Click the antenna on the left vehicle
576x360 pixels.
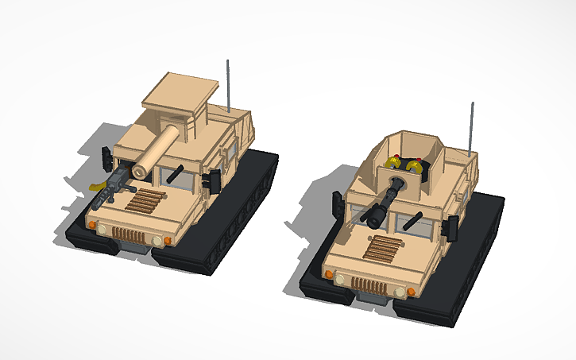coord(230,84)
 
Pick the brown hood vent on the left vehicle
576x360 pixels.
coord(146,202)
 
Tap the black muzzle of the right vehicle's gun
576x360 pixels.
coord(374,218)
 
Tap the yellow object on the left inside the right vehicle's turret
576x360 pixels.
coord(392,165)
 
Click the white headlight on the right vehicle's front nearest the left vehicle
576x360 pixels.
coord(340,279)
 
